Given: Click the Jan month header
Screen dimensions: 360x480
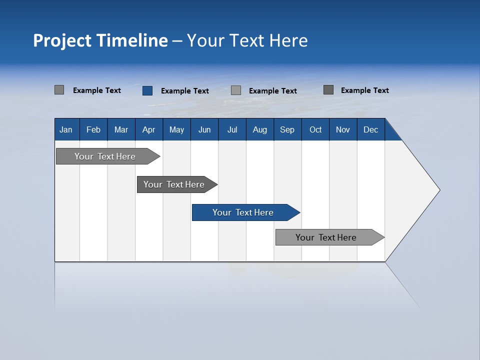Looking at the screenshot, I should coord(66,129).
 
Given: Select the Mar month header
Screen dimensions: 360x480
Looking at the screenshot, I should coord(121,129).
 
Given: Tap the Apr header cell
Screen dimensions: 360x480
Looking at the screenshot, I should coord(148,129).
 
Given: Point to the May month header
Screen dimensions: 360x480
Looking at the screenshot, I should coord(176,129).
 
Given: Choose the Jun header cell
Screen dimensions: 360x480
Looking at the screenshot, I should coord(204,129).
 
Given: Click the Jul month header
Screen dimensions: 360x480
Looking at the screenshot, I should coord(232,129).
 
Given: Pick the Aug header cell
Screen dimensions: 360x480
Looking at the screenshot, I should coord(260,129).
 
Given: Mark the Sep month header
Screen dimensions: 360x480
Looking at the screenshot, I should coord(287,129).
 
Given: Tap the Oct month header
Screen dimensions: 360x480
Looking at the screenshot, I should coord(315,129).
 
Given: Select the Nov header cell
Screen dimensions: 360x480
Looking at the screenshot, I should coord(343,129).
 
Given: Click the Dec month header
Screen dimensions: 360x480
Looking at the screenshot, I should coord(371,129).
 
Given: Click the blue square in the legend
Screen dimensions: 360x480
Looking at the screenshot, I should coord(147,90).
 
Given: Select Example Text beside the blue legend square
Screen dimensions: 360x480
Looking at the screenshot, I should coord(185,91).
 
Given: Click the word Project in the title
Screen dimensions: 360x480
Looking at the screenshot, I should coord(62,40).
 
